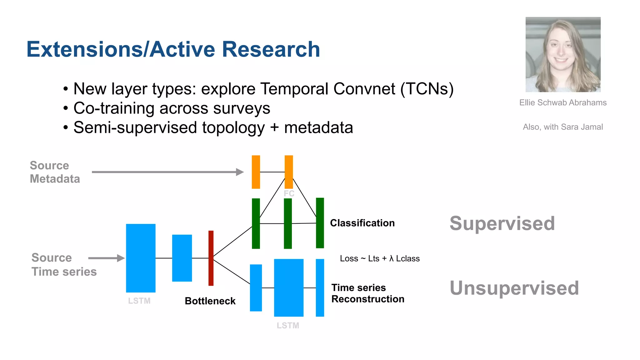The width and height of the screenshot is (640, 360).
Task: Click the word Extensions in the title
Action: click(84, 49)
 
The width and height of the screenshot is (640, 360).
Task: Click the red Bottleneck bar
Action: click(211, 258)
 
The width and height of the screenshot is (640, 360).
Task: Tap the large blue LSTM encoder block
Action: click(141, 258)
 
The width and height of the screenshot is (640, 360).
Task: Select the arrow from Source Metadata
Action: click(167, 172)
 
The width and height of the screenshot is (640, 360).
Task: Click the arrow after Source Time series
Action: click(106, 258)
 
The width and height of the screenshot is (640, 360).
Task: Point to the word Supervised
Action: click(502, 223)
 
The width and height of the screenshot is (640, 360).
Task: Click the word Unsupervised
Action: click(514, 288)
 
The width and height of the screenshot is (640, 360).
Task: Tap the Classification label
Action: click(362, 223)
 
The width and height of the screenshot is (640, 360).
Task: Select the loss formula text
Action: click(380, 258)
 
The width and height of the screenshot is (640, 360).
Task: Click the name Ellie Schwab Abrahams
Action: click(563, 102)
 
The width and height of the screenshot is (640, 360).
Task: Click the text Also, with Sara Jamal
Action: click(563, 127)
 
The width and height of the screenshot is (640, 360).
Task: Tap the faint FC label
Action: click(289, 193)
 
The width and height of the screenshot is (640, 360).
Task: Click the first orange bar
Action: click(256, 172)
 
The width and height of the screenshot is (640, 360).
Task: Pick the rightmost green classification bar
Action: click(320, 223)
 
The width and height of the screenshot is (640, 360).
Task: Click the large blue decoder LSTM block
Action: click(288, 287)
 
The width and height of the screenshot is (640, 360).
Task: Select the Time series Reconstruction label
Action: click(367, 293)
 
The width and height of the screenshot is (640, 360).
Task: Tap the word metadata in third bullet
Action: click(318, 127)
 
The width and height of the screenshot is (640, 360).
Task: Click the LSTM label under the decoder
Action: click(288, 326)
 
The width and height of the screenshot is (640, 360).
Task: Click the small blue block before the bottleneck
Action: click(182, 258)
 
